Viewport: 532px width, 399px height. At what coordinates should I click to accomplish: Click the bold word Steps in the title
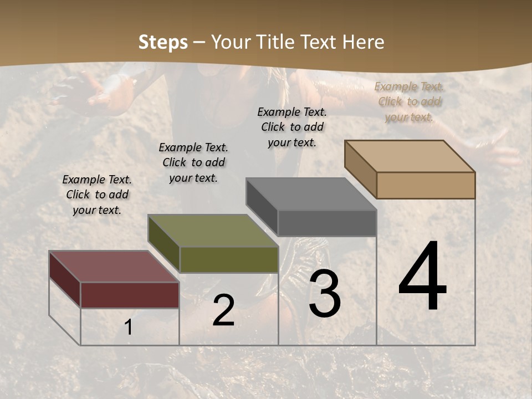pyautogui.click(x=163, y=42)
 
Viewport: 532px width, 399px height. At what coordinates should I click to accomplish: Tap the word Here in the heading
pyautogui.click(x=364, y=42)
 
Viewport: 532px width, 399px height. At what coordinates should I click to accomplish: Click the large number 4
pyautogui.click(x=422, y=277)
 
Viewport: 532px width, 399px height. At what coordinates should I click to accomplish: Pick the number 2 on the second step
pyautogui.click(x=223, y=310)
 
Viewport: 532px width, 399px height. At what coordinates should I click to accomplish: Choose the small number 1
pyautogui.click(x=129, y=328)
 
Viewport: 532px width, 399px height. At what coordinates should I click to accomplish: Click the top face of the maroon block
pyautogui.click(x=114, y=267)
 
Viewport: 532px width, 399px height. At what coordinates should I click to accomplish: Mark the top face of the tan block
pyautogui.click(x=410, y=156)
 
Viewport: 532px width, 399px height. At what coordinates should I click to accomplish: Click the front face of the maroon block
pyautogui.click(x=130, y=295)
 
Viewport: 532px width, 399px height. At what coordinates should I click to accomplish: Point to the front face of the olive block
pyautogui.click(x=229, y=259)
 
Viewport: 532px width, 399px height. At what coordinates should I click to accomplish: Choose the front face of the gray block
pyautogui.click(x=327, y=223)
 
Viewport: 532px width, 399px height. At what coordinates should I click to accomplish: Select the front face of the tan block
pyautogui.click(x=426, y=185)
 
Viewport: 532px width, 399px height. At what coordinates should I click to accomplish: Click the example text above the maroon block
pyautogui.click(x=97, y=195)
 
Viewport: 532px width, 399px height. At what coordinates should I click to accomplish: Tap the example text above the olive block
pyautogui.click(x=193, y=162)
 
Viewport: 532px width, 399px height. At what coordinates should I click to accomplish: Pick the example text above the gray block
pyautogui.click(x=292, y=127)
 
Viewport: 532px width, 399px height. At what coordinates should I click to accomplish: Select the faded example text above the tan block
pyautogui.click(x=410, y=101)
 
